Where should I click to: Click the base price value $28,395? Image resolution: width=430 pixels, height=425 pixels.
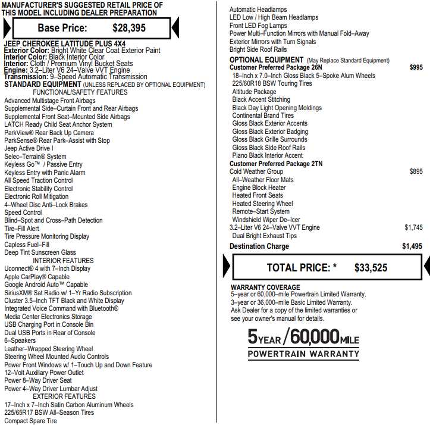[129, 28]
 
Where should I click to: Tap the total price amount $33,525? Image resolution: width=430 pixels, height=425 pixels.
[371, 268]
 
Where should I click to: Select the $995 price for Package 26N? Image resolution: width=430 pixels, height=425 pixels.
[416, 68]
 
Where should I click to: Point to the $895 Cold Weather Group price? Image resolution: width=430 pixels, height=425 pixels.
[416, 171]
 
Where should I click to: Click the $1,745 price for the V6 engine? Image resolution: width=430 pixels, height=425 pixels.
[413, 227]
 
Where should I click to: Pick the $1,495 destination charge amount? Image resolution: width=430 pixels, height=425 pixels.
[412, 246]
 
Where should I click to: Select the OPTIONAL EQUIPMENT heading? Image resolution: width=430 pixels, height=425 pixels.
[266, 60]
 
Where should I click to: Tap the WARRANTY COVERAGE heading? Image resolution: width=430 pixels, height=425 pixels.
[265, 287]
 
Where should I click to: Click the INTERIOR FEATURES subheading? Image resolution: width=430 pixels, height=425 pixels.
[63, 261]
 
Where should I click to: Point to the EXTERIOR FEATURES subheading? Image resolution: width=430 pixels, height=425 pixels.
[64, 396]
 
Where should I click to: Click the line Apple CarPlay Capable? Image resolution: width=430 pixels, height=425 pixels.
[37, 277]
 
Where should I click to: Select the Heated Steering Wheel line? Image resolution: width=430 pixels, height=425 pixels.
[262, 204]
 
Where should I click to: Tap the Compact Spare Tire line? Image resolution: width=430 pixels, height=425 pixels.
[31, 421]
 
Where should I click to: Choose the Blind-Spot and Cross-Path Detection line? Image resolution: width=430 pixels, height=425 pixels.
[54, 220]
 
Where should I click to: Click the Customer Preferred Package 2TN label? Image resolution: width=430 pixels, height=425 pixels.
[276, 164]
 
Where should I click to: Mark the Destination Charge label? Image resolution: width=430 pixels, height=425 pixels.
[259, 246]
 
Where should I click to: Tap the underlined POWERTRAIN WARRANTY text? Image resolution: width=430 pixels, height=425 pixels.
[303, 354]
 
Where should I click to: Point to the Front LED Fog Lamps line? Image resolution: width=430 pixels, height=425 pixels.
[258, 26]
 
